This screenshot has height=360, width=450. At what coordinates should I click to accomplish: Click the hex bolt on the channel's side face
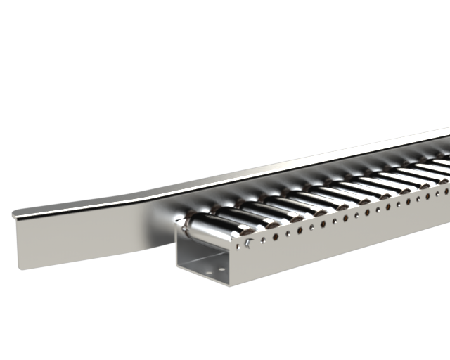249,243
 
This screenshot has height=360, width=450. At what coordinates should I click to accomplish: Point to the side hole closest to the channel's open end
240,246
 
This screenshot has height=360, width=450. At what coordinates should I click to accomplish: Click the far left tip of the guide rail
14,213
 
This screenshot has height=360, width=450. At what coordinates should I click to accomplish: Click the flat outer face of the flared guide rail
84,236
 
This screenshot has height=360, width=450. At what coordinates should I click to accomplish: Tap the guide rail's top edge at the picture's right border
447,130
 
